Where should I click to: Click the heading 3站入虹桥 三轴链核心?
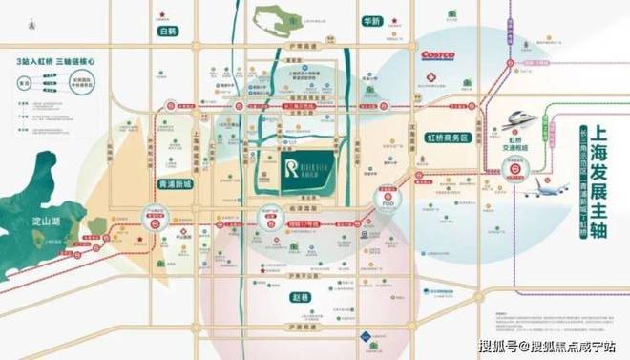tap(58, 62)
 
